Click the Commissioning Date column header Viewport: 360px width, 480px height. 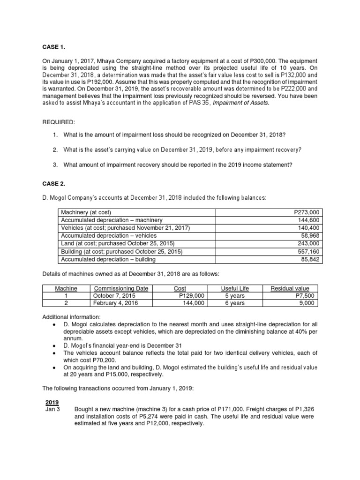click(117, 288)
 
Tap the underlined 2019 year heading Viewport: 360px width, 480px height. click(52, 402)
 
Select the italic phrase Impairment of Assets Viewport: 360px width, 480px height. click(241, 104)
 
